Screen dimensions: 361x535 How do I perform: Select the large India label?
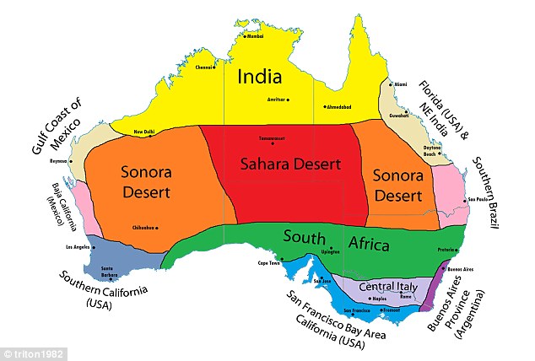[x=259, y=78]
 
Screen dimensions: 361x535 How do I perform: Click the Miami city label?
[x=401, y=84]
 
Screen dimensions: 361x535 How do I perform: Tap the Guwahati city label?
[x=399, y=115]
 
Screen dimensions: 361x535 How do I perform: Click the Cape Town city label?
[x=268, y=263]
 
